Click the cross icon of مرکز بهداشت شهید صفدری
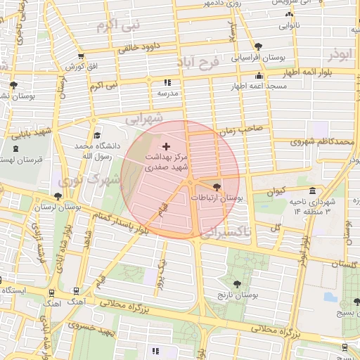[x=166, y=146]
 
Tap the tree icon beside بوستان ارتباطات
[x=216, y=186]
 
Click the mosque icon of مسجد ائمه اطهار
[x=259, y=76]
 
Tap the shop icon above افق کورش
[x=81, y=56]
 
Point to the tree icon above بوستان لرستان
[x=57, y=197]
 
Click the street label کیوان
[x=276, y=191]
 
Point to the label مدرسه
[x=167, y=93]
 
